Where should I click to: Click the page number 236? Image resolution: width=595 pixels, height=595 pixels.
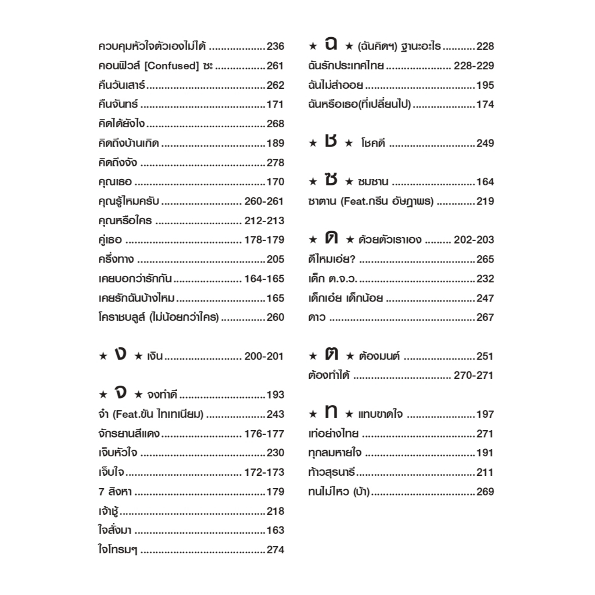(x=275, y=46)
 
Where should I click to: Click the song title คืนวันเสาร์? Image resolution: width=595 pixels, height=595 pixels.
(x=122, y=85)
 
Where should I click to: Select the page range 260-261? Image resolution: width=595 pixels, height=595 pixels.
(x=264, y=202)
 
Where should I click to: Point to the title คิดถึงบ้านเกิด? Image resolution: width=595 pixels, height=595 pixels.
(x=129, y=144)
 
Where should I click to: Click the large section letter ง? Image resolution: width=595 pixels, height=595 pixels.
(x=120, y=354)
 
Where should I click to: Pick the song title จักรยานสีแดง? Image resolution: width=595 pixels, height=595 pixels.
(x=130, y=433)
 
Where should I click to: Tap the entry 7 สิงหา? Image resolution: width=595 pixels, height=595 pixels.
(x=115, y=492)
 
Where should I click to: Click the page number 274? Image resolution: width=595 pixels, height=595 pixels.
(x=275, y=550)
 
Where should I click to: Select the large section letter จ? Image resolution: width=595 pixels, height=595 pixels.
(x=120, y=393)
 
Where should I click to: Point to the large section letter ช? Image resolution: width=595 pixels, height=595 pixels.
(x=331, y=142)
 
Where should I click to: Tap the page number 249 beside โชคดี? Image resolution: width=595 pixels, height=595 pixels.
(x=485, y=144)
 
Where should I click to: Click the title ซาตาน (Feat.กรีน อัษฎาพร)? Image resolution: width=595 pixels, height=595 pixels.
(x=371, y=202)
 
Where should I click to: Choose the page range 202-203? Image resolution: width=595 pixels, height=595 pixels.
(x=474, y=240)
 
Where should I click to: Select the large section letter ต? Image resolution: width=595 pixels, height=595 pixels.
(x=331, y=354)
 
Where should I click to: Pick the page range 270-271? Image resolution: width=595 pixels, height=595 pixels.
(x=474, y=375)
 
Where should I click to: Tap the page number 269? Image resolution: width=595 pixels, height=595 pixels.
(x=485, y=492)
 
